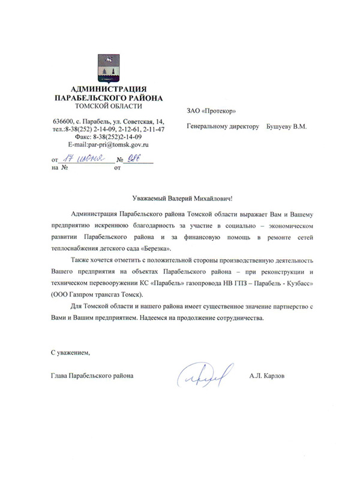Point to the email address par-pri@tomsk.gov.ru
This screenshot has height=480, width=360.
pyautogui.click(x=114, y=145)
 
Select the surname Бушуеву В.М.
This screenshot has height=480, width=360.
pyautogui.click(x=287, y=127)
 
